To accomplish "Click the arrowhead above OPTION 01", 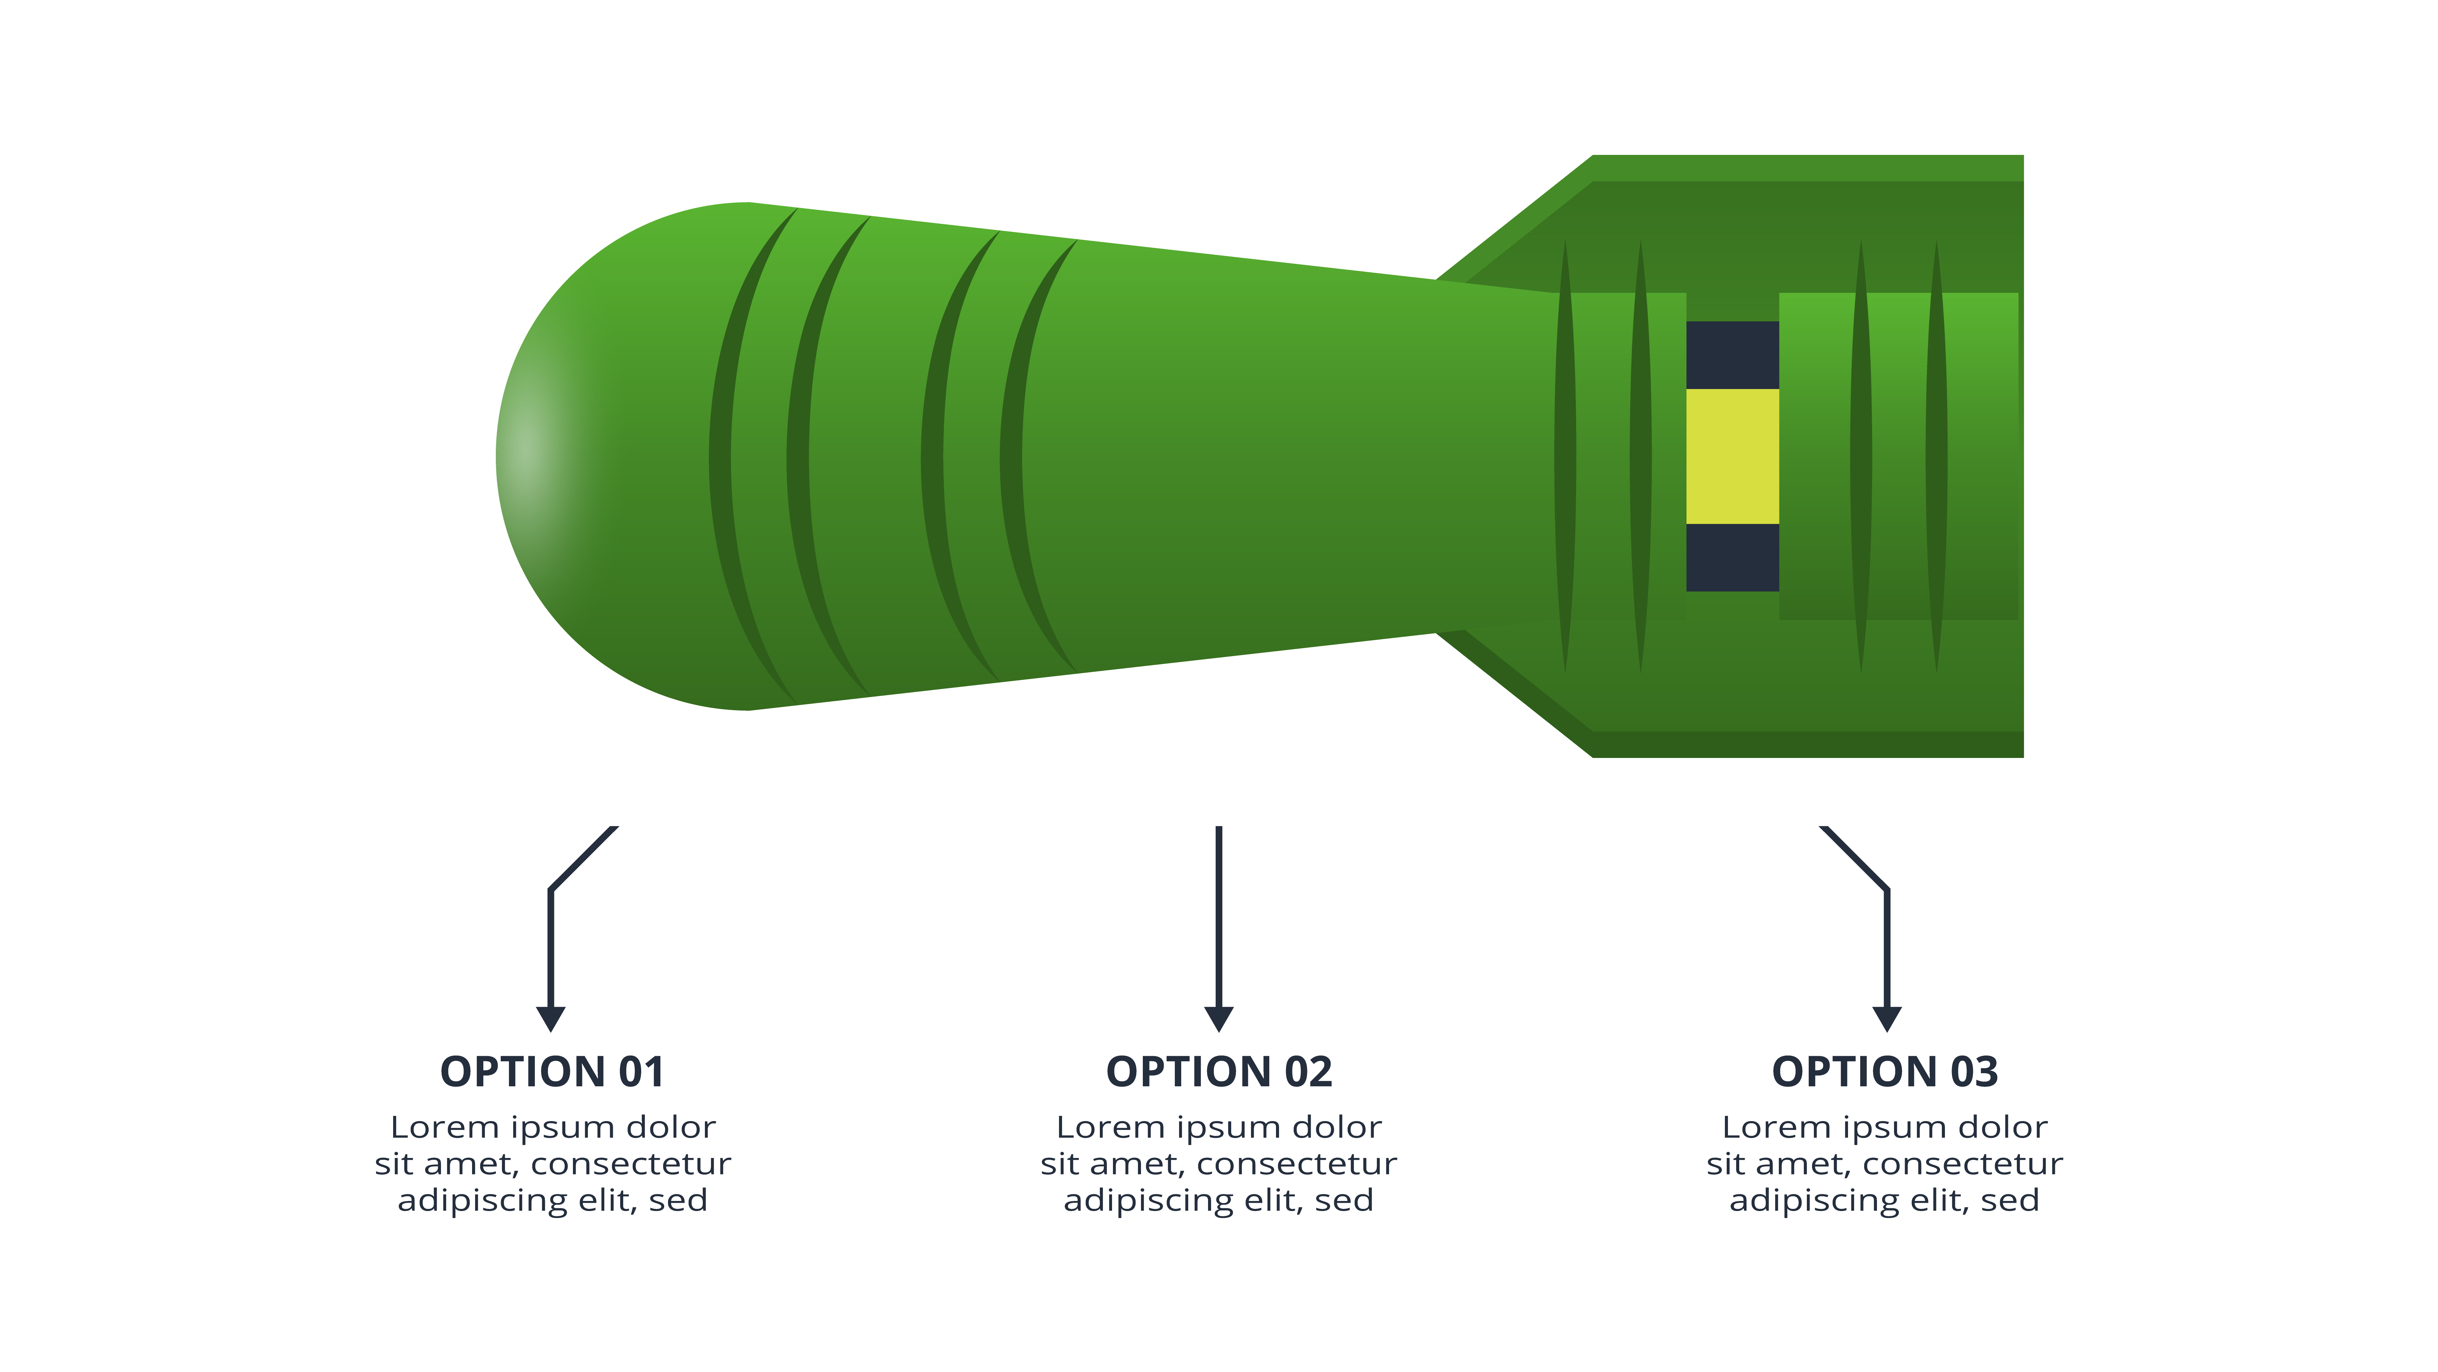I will (x=551, y=1018).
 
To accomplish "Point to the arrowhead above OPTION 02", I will (x=1219, y=1018).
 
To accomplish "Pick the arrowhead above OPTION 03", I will (x=1887, y=1018).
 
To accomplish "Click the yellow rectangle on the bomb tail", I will (x=1732, y=456).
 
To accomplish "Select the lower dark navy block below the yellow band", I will (x=1732, y=558).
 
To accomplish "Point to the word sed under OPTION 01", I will (x=679, y=1201).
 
